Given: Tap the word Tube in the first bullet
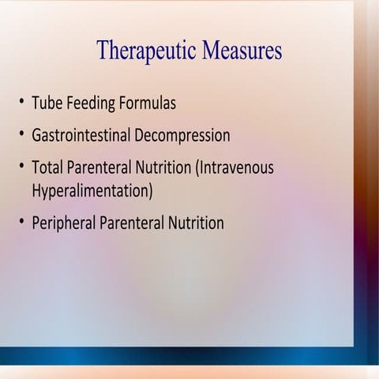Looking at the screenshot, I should point(48,103).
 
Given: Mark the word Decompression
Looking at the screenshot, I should point(182,136).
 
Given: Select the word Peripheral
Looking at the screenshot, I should point(63,223).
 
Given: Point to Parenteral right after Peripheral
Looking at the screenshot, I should point(131,223).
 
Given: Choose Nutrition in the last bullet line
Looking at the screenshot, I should point(196,223).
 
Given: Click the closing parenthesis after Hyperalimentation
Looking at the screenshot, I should point(150,191).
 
